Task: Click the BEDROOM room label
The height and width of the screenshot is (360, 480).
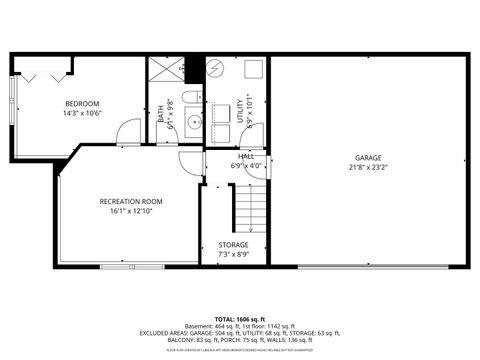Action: tap(82, 103)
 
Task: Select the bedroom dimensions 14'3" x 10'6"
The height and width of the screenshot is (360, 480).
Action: tap(82, 113)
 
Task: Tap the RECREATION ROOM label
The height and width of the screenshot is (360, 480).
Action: tap(130, 201)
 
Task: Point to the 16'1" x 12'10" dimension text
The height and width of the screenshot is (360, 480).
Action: tap(130, 211)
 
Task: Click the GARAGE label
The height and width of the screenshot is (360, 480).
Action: tap(367, 158)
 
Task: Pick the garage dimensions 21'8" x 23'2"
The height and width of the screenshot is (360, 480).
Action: tap(367, 168)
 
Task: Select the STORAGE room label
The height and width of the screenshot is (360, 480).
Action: tap(233, 244)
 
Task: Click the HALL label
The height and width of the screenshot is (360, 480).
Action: tap(246, 156)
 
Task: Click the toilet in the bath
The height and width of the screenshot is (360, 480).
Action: tap(193, 98)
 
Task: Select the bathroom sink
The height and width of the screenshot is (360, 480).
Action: tap(193, 123)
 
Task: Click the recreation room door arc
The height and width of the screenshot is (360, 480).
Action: tap(191, 164)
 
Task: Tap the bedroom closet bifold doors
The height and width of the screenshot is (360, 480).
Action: tap(44, 76)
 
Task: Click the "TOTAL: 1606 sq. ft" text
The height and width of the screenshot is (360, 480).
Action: tap(239, 318)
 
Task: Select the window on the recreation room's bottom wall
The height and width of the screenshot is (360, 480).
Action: tap(131, 266)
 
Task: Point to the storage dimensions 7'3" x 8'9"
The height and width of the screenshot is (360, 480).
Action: tap(233, 254)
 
